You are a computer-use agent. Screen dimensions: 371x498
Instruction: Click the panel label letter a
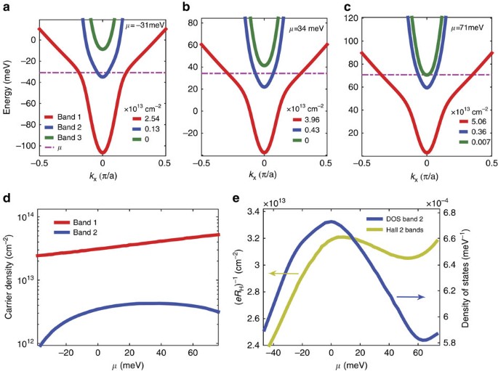coord(7,7)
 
